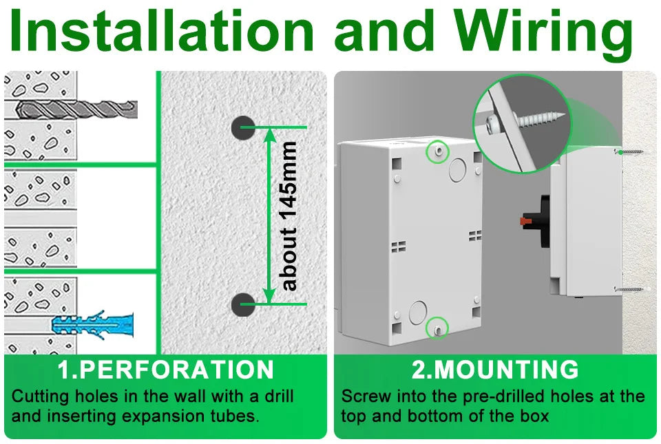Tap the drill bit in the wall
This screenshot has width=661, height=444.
pyautogui.click(x=76, y=108)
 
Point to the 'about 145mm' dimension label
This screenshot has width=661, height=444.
pyautogui.click(x=290, y=215)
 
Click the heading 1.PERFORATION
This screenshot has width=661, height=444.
pyautogui.click(x=165, y=370)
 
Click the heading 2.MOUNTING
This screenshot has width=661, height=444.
pyautogui.click(x=495, y=370)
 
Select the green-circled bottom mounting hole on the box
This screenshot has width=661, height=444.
pyautogui.click(x=437, y=329)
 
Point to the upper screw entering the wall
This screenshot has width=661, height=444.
pyautogui.click(x=630, y=151)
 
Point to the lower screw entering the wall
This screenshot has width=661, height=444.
pyautogui.click(x=630, y=289)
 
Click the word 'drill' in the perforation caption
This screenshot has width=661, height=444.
pyautogui.click(x=277, y=397)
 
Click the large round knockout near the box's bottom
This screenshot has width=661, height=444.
pyautogui.click(x=418, y=312)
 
